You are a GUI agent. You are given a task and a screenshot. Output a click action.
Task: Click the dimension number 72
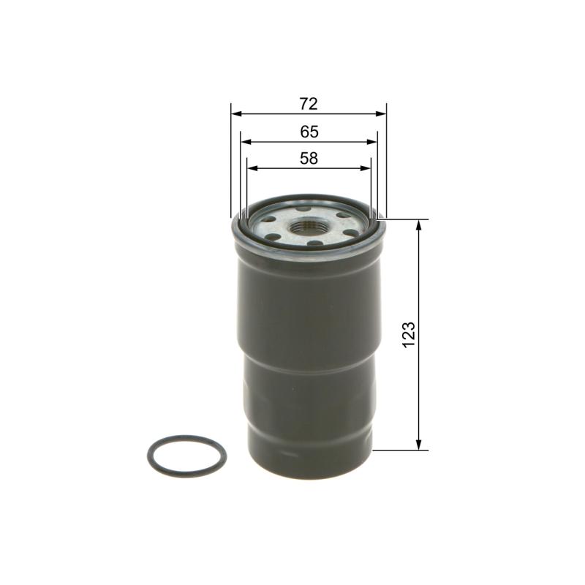coord(308,103)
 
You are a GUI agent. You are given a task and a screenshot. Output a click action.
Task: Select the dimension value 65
coord(309,132)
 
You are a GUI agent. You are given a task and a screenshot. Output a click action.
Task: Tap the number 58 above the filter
coord(309,158)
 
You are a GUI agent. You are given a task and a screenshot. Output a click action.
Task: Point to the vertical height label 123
coord(409,333)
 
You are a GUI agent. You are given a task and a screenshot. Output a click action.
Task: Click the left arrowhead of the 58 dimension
coord(252,168)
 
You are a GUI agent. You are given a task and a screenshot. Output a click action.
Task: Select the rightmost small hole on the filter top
coord(348,233)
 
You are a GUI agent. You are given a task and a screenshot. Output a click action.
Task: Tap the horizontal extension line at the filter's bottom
coord(399,451)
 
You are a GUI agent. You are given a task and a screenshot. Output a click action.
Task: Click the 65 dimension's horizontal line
coord(278,142)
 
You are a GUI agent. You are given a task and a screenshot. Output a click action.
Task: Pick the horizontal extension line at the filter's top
coord(406,219)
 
